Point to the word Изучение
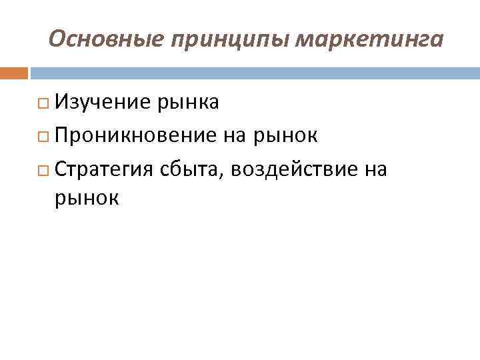point(103,103)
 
